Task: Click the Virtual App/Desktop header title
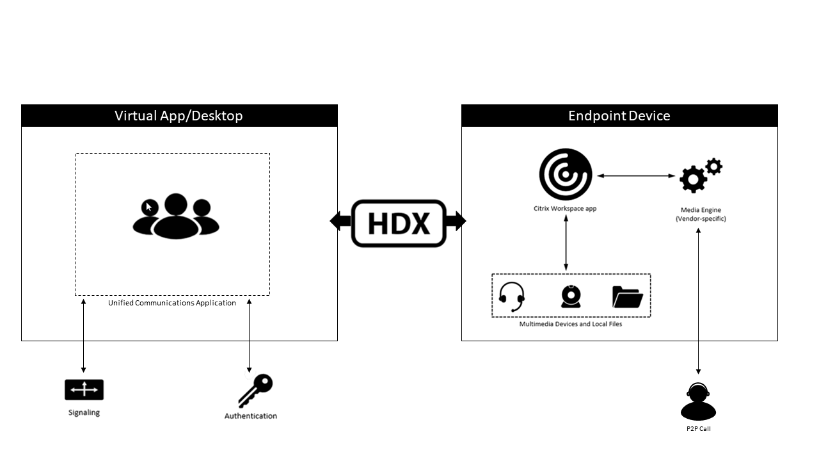coord(179,116)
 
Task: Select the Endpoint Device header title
coord(619,116)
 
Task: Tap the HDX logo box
coord(398,223)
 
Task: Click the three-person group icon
coord(176,216)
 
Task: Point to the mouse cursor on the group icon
coord(148,207)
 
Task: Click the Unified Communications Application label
coord(172,303)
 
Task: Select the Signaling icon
coord(84,389)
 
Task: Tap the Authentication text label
coord(251,416)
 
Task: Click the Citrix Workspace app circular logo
coord(565,174)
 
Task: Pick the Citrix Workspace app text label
coord(565,209)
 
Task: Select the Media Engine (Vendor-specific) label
coord(701,214)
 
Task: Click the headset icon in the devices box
coord(512,296)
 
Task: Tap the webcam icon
coord(571,296)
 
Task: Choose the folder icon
coord(627,296)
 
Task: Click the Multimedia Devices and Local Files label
coord(571,324)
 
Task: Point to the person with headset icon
coord(698,401)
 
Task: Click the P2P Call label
coord(698,429)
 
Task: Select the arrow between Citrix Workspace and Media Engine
coord(636,175)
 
